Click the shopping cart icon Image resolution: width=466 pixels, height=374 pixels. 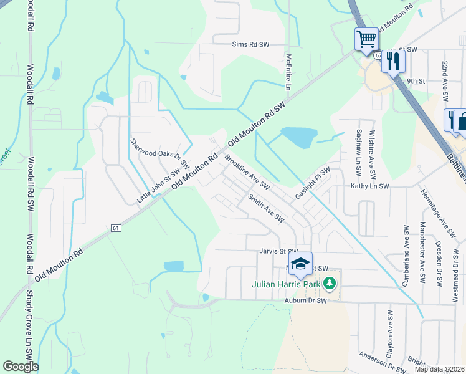point(366,39)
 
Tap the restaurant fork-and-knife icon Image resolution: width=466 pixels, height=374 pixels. point(393,61)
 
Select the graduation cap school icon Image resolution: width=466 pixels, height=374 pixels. point(300,264)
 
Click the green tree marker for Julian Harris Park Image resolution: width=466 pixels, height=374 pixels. point(330,285)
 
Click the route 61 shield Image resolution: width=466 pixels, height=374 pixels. point(116,228)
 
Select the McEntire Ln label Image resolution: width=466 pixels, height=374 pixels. point(288,72)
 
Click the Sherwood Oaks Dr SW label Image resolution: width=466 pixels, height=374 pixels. point(159,153)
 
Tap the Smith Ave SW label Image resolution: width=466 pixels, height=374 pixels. point(265,208)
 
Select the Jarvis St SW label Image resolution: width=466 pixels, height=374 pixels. point(279,252)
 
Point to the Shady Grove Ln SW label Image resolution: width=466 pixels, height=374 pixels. point(29,327)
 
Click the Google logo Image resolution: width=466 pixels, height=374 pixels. point(21,367)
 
